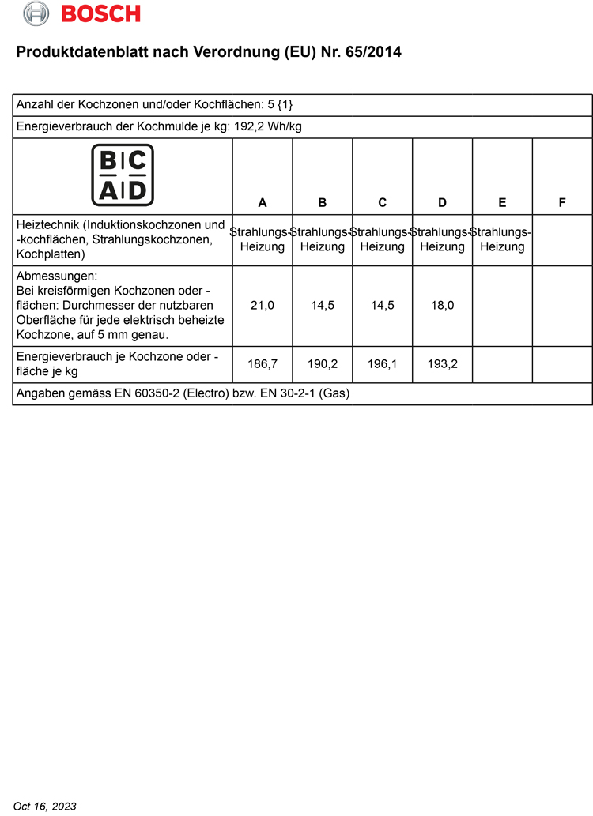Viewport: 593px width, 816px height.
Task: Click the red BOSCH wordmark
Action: (x=100, y=13)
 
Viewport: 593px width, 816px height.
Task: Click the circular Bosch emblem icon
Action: (x=36, y=13)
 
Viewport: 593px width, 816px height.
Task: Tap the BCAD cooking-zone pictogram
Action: (x=123, y=175)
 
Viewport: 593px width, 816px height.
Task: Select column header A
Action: (x=263, y=203)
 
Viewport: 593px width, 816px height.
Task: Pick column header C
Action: (x=382, y=203)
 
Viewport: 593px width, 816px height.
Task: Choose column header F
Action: (x=562, y=203)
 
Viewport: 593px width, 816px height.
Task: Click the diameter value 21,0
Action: (x=263, y=306)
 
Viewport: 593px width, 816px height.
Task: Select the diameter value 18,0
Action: (x=442, y=306)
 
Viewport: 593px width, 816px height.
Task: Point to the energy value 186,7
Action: (x=263, y=365)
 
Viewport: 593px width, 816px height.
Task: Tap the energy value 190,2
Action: (x=323, y=365)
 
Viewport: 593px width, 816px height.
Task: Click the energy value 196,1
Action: (x=382, y=365)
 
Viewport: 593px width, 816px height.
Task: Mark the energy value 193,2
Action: (x=442, y=365)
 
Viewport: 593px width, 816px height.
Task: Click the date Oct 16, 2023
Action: (x=45, y=806)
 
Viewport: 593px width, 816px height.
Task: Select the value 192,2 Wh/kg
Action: (x=276, y=126)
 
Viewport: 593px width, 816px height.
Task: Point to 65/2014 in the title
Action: (x=373, y=53)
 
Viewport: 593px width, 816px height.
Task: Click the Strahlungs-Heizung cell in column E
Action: (x=502, y=239)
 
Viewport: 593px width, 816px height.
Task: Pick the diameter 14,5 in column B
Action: (x=323, y=306)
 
